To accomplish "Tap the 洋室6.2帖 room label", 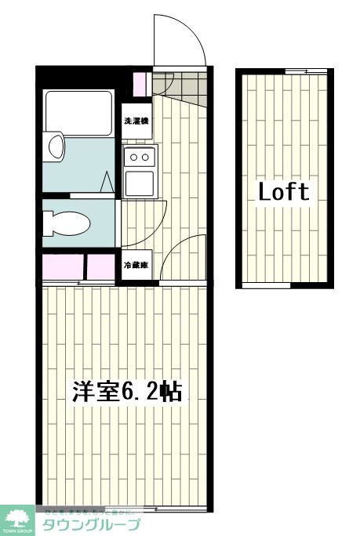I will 128,392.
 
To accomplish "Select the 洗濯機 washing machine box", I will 136,121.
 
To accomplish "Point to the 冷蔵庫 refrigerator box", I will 136,266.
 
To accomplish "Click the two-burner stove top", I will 139,157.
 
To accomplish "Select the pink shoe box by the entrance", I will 141,82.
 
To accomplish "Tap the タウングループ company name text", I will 91,525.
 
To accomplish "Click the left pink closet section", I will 63,266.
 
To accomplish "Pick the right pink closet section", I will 100,266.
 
